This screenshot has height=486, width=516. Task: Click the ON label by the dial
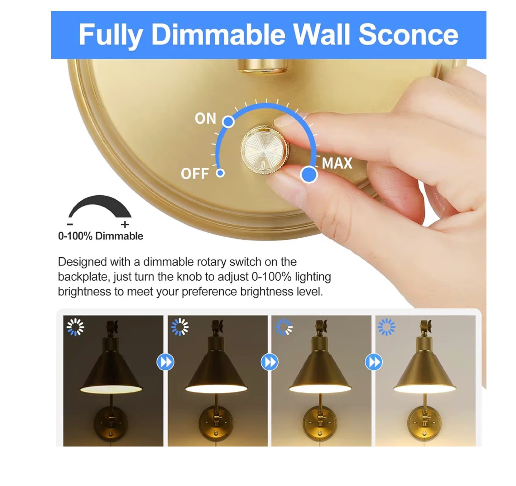tap(206, 119)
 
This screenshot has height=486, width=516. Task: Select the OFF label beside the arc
tap(195, 173)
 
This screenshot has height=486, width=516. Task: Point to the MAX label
tap(337, 163)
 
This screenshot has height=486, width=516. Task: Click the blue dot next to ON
tap(228, 121)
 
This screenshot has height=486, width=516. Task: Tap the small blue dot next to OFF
tap(220, 173)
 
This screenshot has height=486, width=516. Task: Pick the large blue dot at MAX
tap(309, 174)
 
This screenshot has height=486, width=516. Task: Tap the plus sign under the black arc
tap(125, 224)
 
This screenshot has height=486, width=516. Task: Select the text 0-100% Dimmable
tap(101, 236)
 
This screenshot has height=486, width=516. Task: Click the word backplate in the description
tap(83, 277)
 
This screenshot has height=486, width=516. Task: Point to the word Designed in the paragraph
tap(82, 262)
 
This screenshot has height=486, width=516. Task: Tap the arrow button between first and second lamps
tap(165, 362)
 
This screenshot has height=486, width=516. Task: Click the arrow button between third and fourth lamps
tap(374, 362)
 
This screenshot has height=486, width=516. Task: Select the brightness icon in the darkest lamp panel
tap(75, 327)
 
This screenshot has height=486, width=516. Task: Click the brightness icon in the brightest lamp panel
tap(386, 327)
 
